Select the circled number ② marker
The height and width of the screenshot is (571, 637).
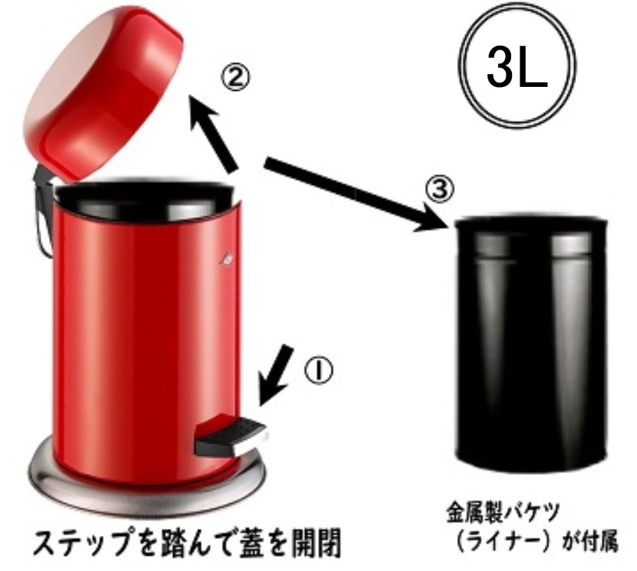(233, 78)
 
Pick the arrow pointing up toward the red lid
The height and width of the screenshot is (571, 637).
(214, 136)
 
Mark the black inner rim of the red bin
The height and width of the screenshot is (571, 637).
(145, 193)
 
